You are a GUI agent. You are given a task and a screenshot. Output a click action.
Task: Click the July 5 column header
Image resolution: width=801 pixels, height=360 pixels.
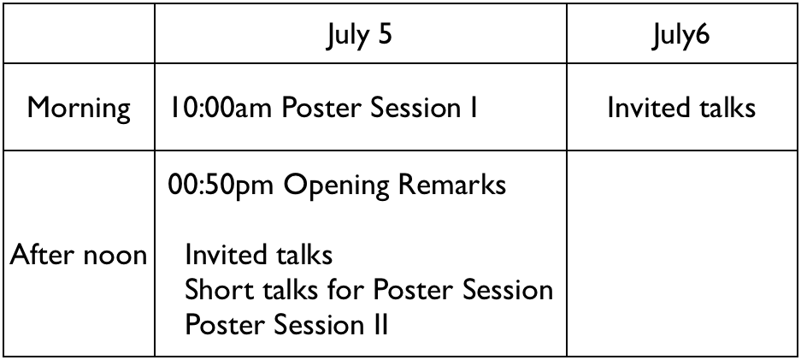pos(360,35)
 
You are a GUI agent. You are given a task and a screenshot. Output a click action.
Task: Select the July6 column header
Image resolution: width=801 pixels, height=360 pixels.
pos(681,35)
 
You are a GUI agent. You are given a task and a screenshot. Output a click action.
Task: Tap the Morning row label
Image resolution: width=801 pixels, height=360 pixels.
pos(79,109)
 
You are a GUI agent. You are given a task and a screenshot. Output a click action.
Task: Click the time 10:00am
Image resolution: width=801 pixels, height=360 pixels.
pos(221,108)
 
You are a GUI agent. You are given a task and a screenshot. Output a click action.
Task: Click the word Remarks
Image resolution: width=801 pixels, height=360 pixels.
pos(452,185)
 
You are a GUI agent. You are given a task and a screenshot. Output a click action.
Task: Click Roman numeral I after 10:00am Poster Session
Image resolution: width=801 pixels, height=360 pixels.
pos(474,108)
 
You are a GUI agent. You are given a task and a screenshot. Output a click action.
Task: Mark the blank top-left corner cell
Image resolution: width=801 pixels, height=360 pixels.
pos(80,33)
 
